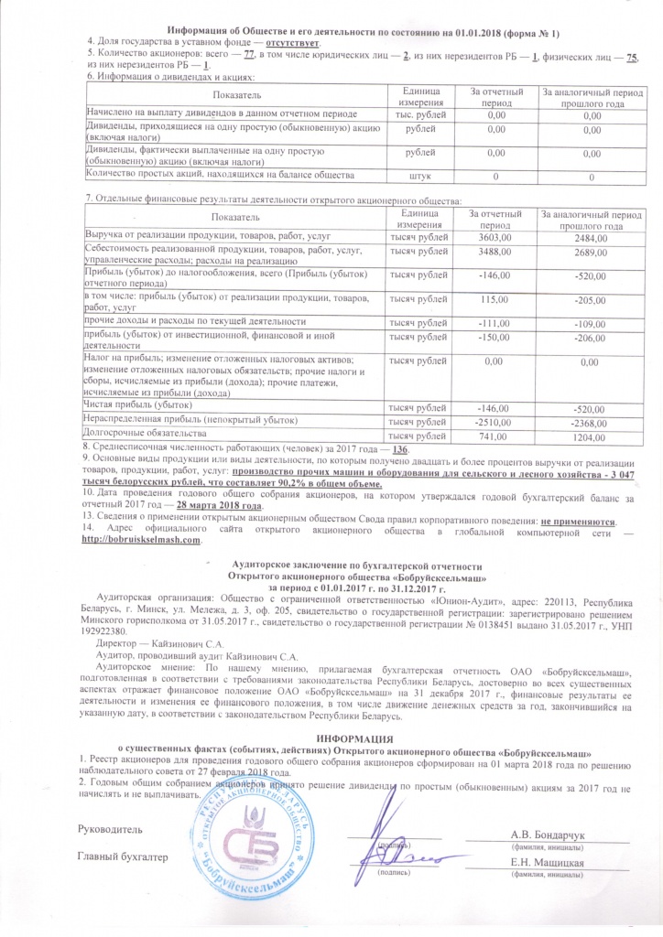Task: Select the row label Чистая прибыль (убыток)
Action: point(137,404)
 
